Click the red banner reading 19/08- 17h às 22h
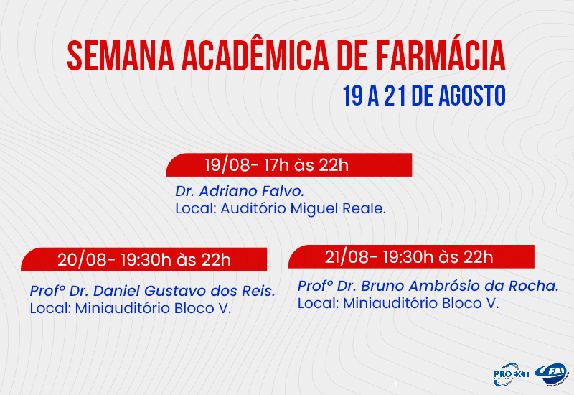click(x=288, y=165)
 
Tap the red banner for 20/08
click(x=144, y=259)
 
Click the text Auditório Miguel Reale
click(x=304, y=209)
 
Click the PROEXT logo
click(x=511, y=374)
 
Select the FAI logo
click(x=555, y=373)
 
